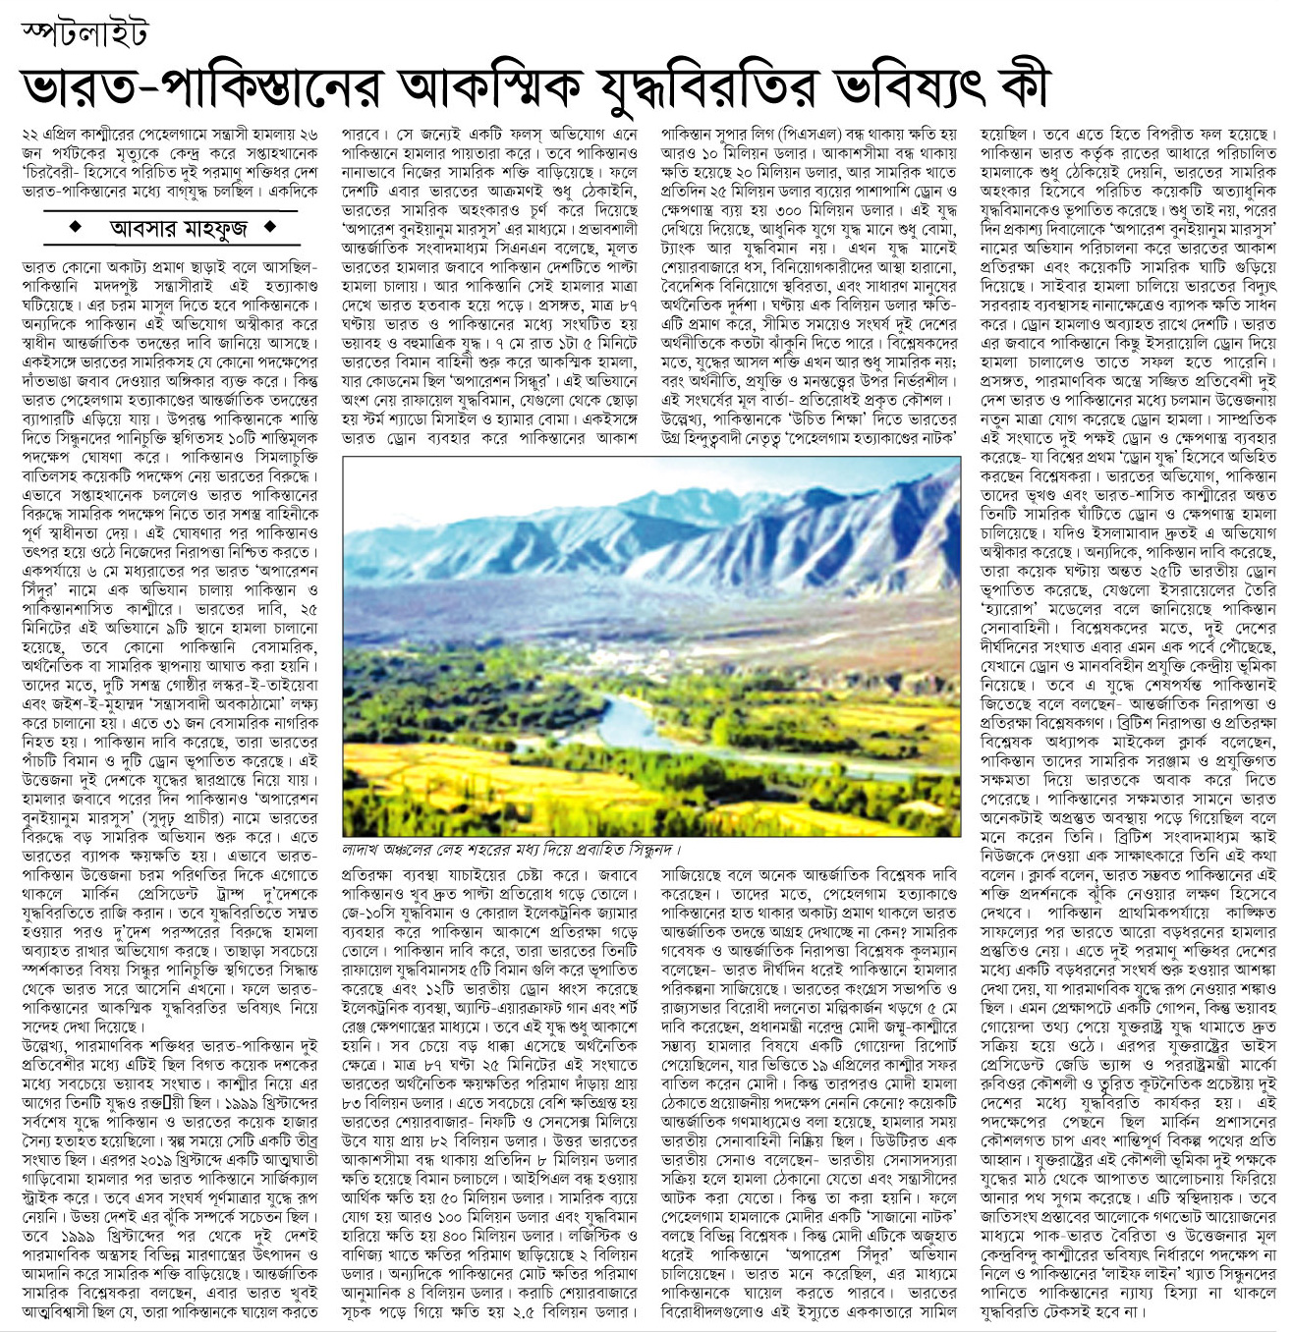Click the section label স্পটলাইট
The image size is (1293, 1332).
(x=85, y=33)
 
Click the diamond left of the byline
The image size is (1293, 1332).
(x=76, y=228)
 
